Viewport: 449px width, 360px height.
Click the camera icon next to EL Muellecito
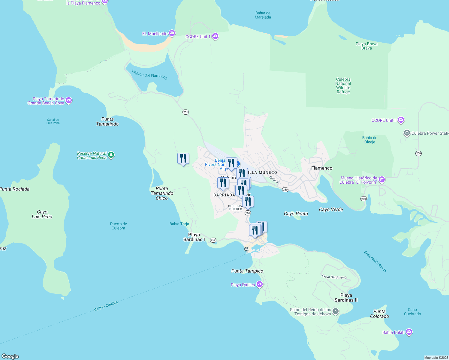click(x=172, y=33)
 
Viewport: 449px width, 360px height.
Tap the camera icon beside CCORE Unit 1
click(x=215, y=37)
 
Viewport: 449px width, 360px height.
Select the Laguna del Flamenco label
click(x=149, y=74)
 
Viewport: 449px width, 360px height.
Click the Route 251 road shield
click(x=185, y=112)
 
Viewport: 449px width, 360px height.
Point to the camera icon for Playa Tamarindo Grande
click(x=69, y=100)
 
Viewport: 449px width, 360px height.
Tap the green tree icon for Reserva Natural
click(x=111, y=155)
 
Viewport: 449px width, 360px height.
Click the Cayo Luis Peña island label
click(x=42, y=214)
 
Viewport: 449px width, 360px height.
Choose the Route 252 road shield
click(x=213, y=240)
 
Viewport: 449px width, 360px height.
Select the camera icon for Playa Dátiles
click(x=260, y=284)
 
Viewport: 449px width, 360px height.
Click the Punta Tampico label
click(x=247, y=271)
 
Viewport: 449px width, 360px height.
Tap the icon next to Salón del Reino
click(x=336, y=311)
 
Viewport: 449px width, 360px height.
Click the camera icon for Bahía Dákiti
click(x=409, y=332)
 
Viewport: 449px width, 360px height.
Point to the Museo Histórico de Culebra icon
click(x=382, y=180)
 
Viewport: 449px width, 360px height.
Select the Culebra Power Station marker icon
click(x=407, y=133)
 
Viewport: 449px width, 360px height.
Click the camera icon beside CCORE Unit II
click(x=401, y=120)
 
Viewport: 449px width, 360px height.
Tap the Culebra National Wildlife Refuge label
click(x=343, y=86)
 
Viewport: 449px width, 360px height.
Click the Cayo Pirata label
click(x=296, y=214)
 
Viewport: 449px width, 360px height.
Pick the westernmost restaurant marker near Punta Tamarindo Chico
click(x=183, y=158)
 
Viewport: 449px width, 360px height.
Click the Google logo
click(x=10, y=356)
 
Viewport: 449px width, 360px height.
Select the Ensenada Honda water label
click(x=375, y=262)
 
